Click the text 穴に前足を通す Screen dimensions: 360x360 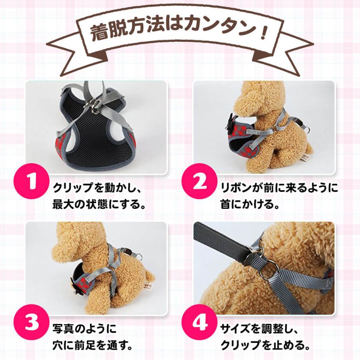point(92,345)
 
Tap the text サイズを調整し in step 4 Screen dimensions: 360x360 point(260,329)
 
